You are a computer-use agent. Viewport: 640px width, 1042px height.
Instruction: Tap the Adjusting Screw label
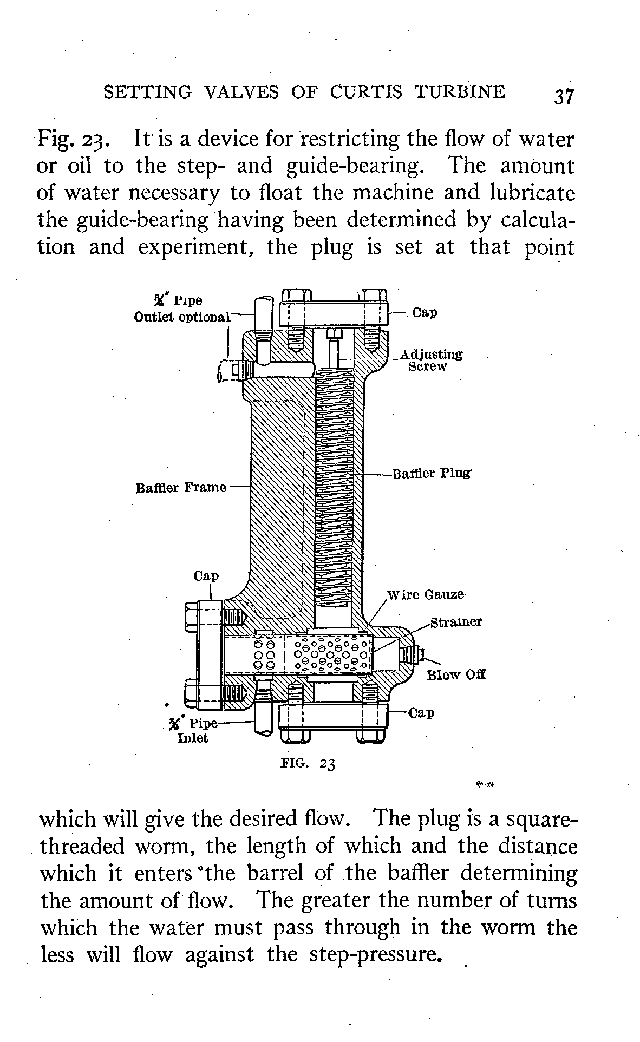(431, 361)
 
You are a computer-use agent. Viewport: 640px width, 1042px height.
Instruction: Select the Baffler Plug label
(432, 474)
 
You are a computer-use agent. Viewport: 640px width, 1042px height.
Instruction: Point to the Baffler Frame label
(180, 488)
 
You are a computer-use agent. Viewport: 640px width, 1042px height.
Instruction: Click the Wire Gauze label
(426, 595)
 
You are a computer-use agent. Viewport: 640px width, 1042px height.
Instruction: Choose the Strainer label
(456, 622)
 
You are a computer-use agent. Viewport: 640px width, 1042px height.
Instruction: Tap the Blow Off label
(456, 675)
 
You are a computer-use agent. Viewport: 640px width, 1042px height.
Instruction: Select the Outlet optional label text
(182, 317)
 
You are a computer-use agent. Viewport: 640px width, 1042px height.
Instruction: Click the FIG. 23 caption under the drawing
(309, 764)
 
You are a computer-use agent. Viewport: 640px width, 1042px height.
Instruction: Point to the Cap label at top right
(425, 313)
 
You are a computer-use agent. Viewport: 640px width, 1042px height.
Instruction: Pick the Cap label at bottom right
(421, 713)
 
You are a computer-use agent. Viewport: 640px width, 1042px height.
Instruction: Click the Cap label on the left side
(206, 575)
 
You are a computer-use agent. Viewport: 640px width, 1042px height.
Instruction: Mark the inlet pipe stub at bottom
(263, 717)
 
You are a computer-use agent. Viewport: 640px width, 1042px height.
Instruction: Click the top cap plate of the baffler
(334, 313)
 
